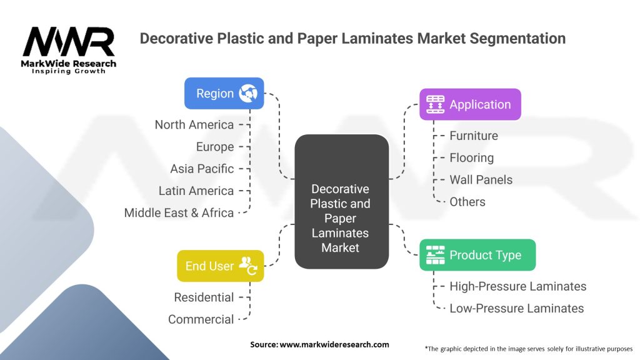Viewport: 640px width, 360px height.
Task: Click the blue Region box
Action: click(x=224, y=93)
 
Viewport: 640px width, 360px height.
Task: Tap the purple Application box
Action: click(x=470, y=104)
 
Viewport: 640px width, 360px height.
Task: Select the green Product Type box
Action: click(x=477, y=255)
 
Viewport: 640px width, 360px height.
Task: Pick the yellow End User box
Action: click(x=220, y=266)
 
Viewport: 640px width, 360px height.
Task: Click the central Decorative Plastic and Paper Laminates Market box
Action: click(x=341, y=202)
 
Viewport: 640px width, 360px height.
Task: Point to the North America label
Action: click(x=194, y=124)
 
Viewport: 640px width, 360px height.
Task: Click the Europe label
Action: click(x=215, y=147)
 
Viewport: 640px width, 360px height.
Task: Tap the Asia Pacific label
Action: click(x=202, y=169)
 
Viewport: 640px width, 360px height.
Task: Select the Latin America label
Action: click(x=196, y=191)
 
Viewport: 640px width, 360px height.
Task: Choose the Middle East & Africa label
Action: click(x=179, y=212)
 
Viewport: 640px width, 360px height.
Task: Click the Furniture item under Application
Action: click(x=474, y=136)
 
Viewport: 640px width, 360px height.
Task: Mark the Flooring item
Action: click(x=471, y=157)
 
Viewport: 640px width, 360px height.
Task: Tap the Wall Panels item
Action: click(x=481, y=179)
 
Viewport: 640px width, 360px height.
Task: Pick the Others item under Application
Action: click(x=467, y=201)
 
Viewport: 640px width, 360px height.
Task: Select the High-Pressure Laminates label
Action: click(x=517, y=286)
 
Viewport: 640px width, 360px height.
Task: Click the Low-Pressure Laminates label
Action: click(x=516, y=308)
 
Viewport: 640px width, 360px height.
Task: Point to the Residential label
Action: click(x=204, y=297)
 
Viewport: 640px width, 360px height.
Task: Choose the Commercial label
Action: click(x=201, y=319)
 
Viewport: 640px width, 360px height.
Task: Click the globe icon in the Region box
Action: click(x=248, y=93)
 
